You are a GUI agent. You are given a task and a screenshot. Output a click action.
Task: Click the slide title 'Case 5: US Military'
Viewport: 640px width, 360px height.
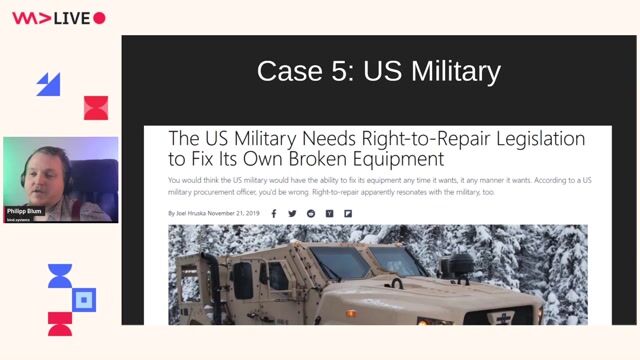378,71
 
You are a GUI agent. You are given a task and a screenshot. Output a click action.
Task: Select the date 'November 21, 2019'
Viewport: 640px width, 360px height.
236,213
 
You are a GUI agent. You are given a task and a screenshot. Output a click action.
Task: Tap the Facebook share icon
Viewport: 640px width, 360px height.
274,213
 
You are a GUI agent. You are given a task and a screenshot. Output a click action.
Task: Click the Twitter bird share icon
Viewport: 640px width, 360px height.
292,213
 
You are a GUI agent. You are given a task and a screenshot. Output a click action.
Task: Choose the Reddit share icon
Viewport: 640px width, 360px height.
311,213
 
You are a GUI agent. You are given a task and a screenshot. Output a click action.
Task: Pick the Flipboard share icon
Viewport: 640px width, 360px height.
348,213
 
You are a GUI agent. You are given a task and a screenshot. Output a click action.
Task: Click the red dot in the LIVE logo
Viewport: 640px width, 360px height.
99,18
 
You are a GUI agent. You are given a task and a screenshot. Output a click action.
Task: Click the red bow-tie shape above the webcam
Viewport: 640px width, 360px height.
95,107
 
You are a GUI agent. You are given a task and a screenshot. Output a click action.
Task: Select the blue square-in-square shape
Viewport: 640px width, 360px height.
86,299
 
